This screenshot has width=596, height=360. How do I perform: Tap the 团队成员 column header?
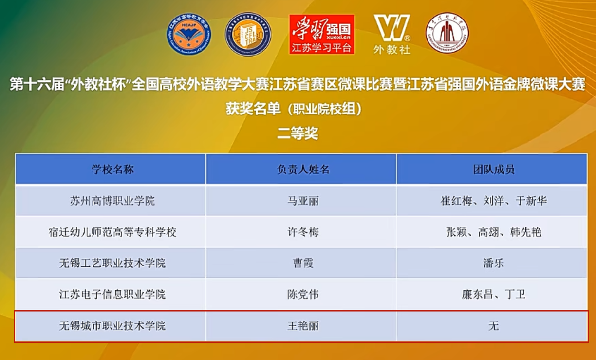493,170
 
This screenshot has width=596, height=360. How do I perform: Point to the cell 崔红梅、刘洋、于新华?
493,201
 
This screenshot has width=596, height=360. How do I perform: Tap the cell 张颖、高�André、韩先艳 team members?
493,232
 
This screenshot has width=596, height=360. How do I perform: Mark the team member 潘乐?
493,264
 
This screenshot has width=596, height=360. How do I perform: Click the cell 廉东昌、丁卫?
493,295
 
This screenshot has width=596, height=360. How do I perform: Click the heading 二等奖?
298,133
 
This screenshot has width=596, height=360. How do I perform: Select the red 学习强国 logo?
322,34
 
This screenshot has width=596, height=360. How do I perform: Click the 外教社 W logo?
392,33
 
